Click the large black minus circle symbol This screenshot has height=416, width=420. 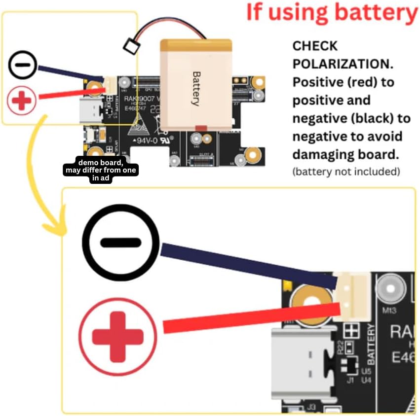(x=121, y=242)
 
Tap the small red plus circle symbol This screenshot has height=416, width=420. (x=22, y=101)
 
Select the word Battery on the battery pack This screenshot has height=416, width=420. (x=196, y=89)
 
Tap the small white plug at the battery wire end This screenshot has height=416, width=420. (x=131, y=47)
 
